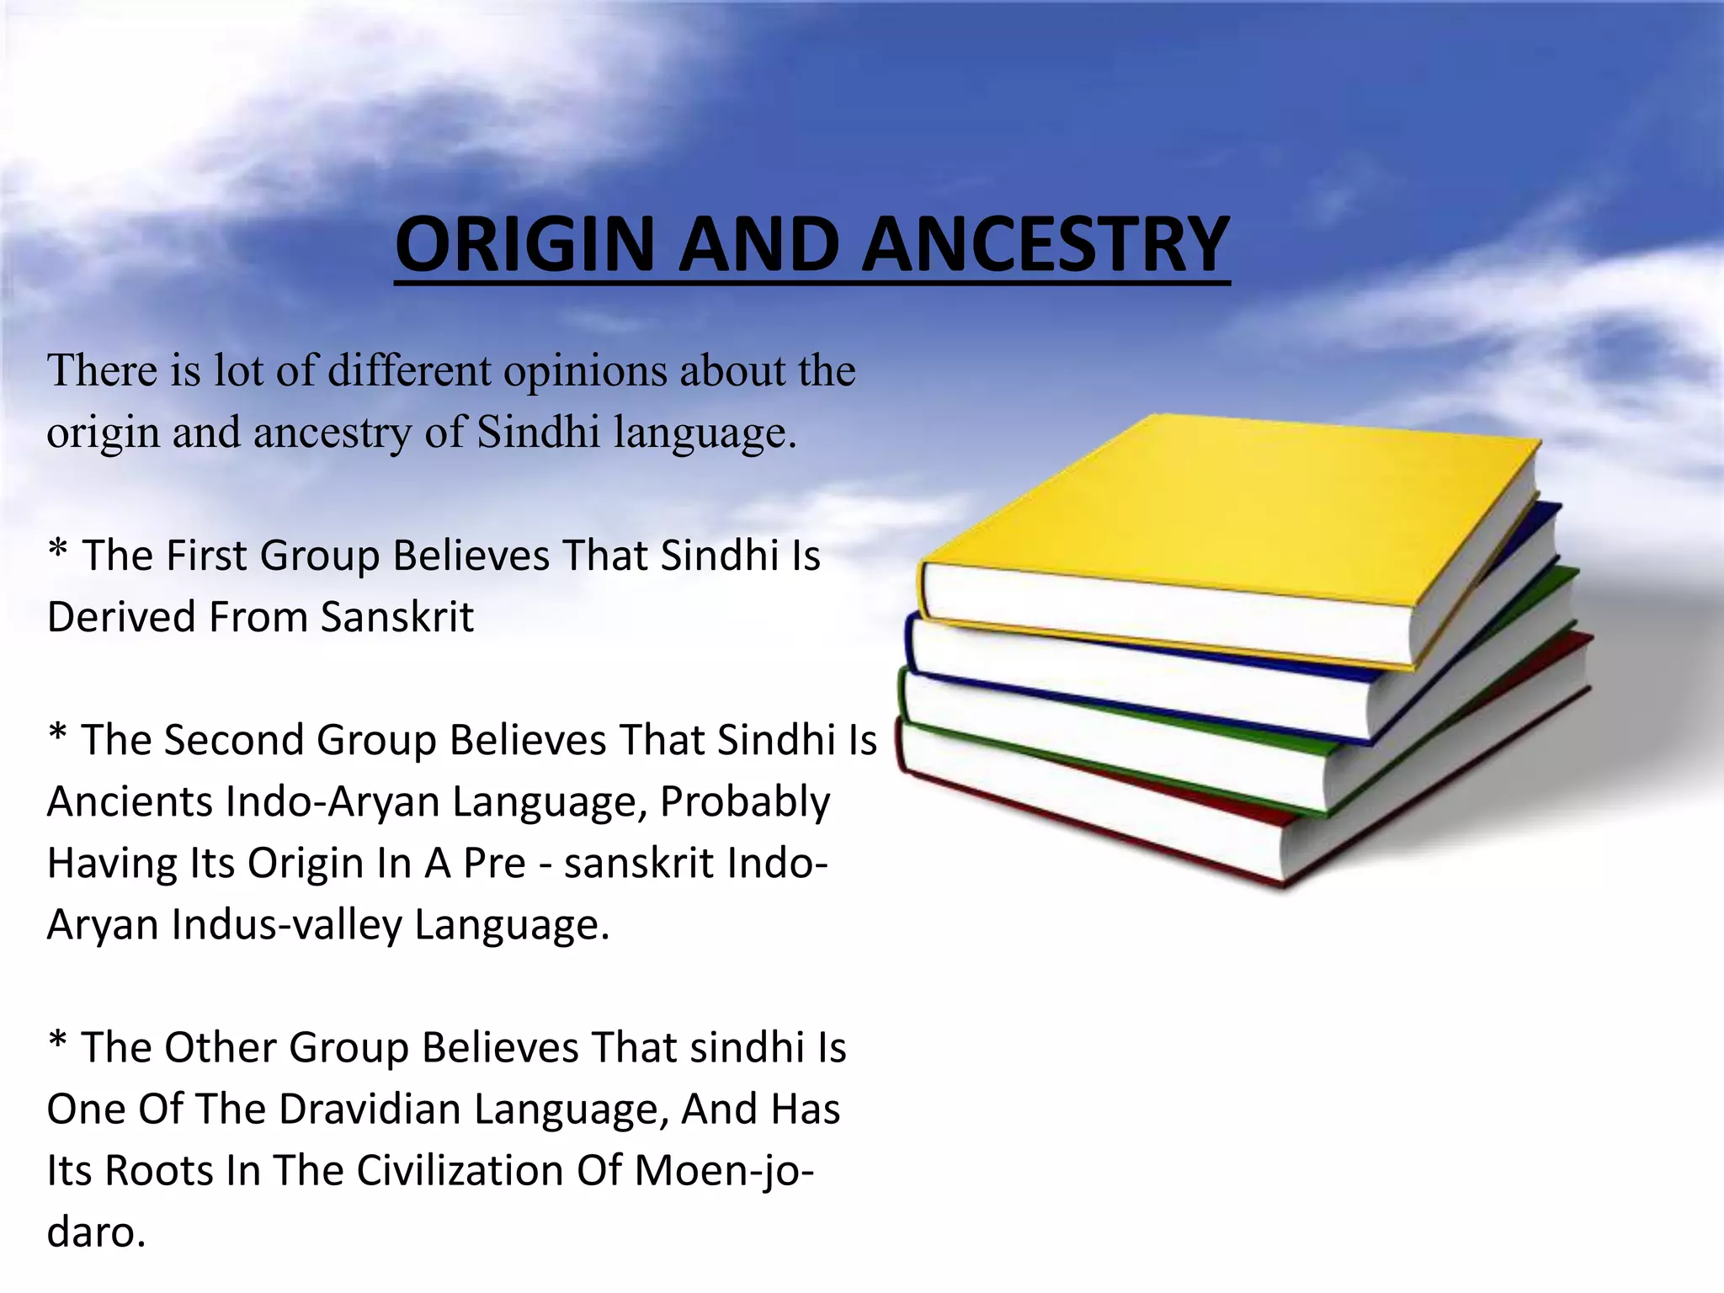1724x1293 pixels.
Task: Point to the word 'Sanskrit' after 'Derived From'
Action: coord(397,617)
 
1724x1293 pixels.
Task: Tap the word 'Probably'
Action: coord(745,801)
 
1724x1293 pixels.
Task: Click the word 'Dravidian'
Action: coord(370,1109)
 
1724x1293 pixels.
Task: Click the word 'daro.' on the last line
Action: coord(96,1232)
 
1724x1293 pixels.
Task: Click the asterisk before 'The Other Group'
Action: coord(57,1042)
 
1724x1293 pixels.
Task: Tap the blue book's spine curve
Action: coord(910,644)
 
